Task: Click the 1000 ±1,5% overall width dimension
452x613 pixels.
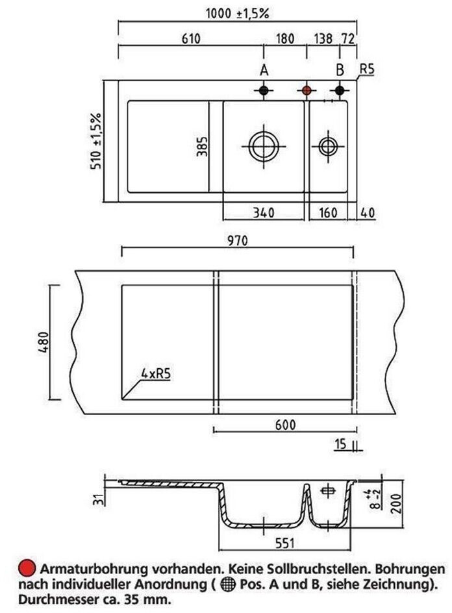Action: (x=237, y=14)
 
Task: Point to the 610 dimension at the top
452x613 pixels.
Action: (x=191, y=39)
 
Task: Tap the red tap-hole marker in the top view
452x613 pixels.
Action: (x=307, y=91)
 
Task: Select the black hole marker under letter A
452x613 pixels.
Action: (x=264, y=91)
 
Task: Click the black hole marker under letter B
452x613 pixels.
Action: (x=340, y=91)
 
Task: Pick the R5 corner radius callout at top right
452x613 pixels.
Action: (x=367, y=69)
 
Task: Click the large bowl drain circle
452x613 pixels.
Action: (x=264, y=147)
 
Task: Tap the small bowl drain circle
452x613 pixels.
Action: (x=328, y=147)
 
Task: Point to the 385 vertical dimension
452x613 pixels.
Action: (x=202, y=147)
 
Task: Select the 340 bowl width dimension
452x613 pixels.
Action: (x=264, y=213)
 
